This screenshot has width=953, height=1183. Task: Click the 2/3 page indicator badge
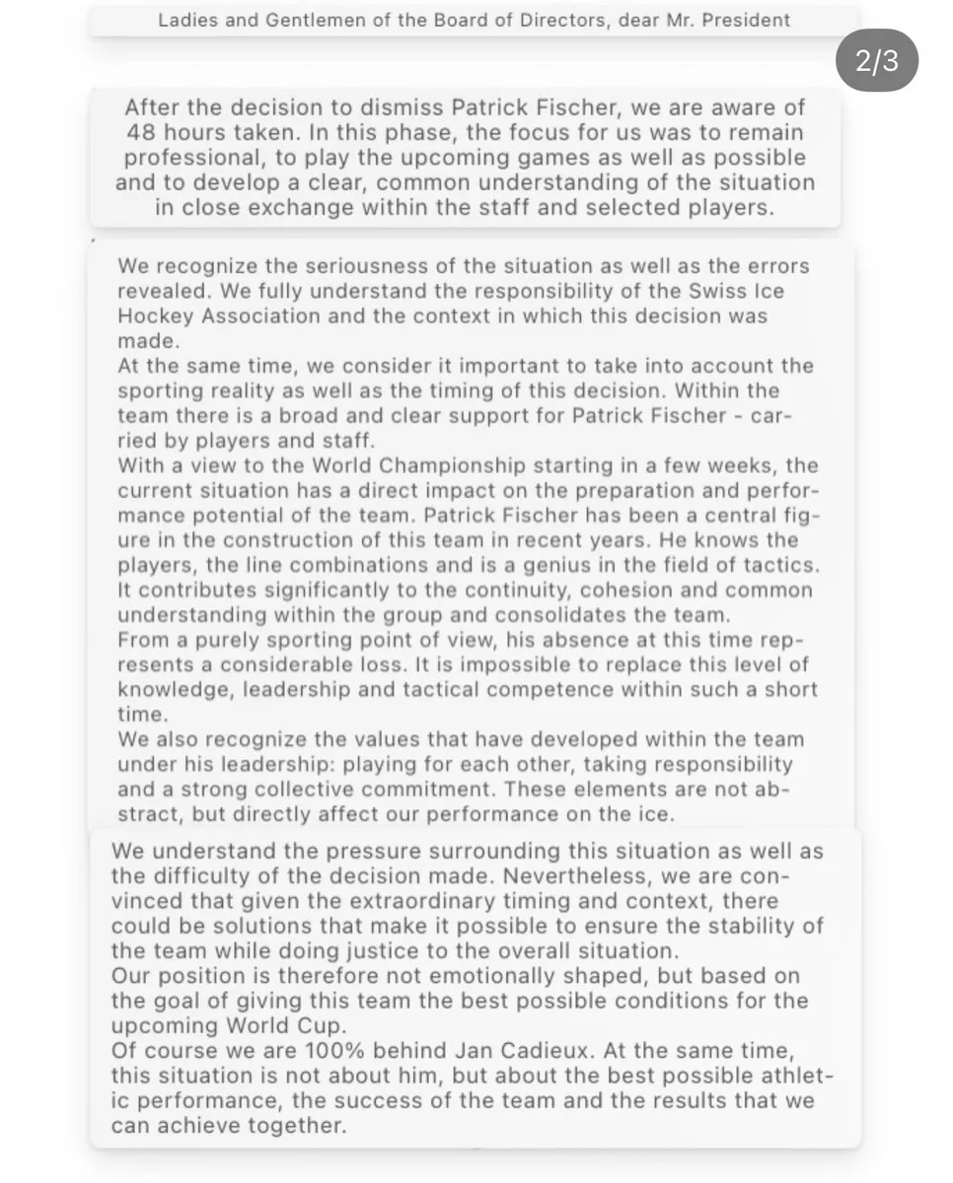coord(877,62)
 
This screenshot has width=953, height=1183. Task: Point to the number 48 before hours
coord(140,132)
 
